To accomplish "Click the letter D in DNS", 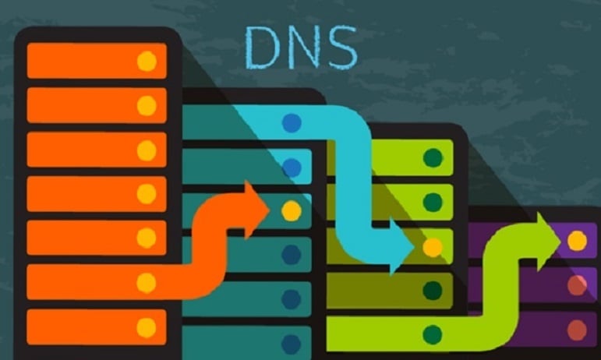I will [263, 49].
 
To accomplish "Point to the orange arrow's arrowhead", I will [258, 210].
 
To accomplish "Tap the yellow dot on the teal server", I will [291, 210].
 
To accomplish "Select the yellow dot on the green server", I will [432, 248].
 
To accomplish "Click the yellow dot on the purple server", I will [577, 241].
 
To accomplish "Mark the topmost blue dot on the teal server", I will [291, 122].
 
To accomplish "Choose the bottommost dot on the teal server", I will [291, 343].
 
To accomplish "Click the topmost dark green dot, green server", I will [432, 158].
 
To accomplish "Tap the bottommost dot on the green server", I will [432, 335].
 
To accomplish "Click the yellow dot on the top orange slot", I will [147, 62].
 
